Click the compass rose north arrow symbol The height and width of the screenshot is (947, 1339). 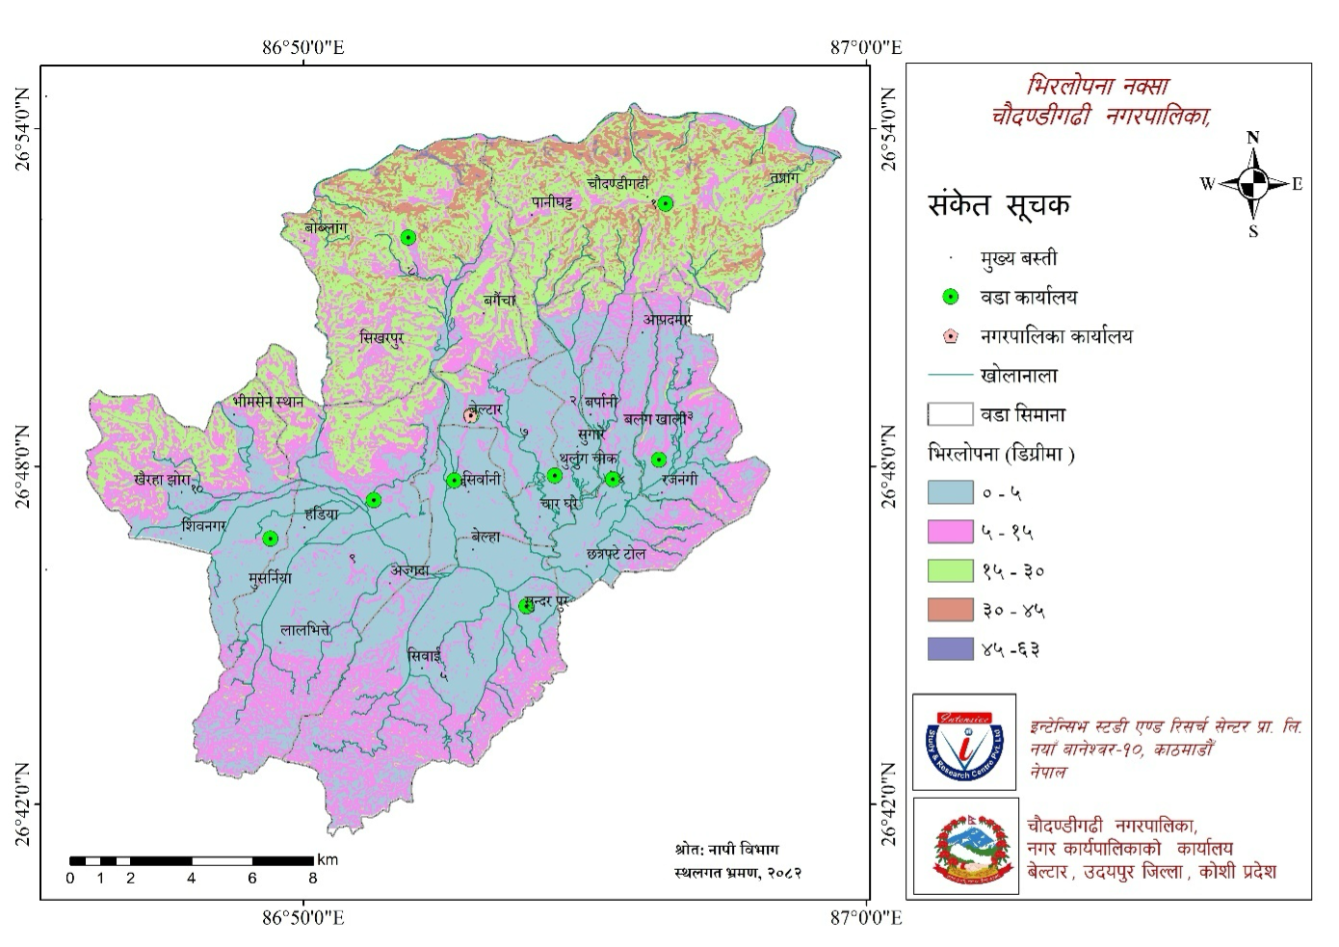click(x=1252, y=182)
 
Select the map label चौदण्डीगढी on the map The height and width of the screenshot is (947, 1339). click(x=617, y=183)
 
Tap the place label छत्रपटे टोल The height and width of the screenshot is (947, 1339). click(x=616, y=555)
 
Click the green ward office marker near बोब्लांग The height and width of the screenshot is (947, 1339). click(x=408, y=237)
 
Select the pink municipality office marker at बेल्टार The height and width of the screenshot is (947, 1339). click(x=471, y=415)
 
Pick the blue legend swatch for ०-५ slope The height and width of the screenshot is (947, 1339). click(x=949, y=492)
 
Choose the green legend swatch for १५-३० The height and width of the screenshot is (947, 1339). click(x=949, y=570)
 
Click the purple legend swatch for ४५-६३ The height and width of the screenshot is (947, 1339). click(x=949, y=648)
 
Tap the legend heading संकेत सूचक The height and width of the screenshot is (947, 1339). click(x=999, y=205)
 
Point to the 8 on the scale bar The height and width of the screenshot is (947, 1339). click(x=312, y=878)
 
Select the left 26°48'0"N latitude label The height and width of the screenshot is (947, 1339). click(x=23, y=466)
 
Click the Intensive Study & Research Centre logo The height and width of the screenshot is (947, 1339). click(x=964, y=742)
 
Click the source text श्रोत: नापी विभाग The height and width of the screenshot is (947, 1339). click(x=726, y=849)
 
